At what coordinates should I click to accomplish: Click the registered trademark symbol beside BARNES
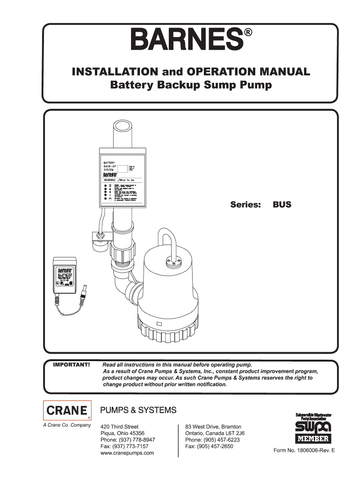click(x=248, y=33)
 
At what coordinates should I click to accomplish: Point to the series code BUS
click(x=282, y=204)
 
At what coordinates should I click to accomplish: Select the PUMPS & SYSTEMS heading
click(x=139, y=410)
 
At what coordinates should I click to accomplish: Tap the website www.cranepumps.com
click(x=128, y=453)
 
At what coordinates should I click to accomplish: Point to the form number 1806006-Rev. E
click(x=304, y=451)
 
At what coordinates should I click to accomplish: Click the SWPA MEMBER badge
click(x=313, y=428)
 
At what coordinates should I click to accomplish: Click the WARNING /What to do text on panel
click(x=119, y=180)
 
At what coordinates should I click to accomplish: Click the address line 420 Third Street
click(x=120, y=427)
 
